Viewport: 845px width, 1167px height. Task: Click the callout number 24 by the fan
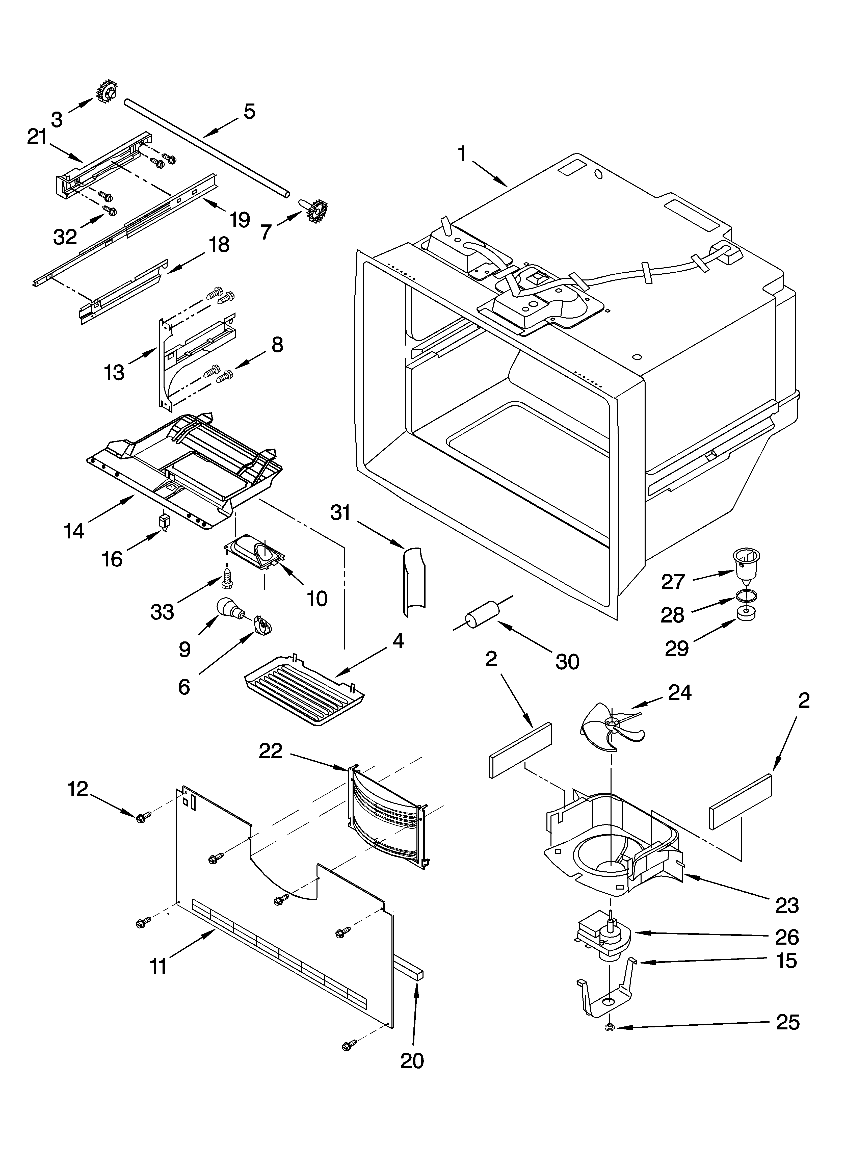click(x=679, y=693)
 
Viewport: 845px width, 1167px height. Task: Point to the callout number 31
click(x=340, y=513)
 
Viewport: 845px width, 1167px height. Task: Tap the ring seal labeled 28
click(x=745, y=597)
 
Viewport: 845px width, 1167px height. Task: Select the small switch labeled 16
click(x=165, y=522)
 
